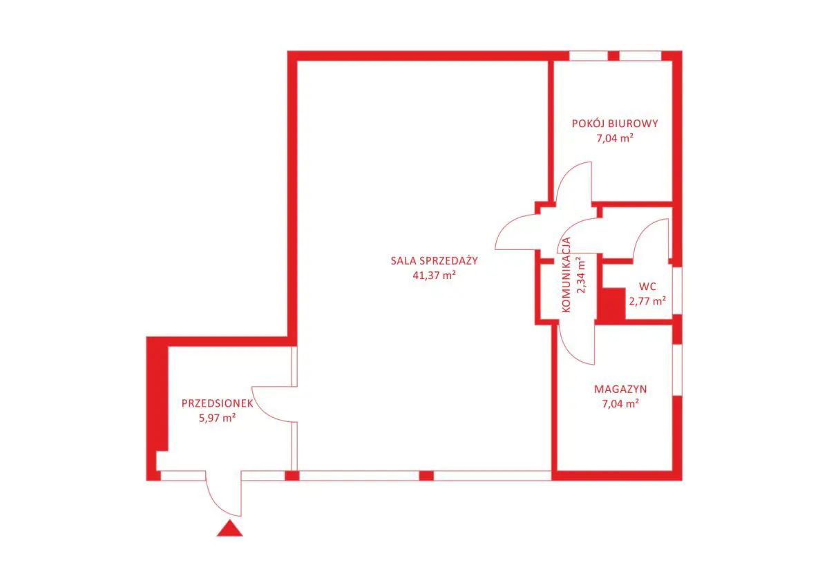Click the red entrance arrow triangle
[x=230, y=528]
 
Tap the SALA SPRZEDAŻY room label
[x=434, y=260]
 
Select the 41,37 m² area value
[x=434, y=275]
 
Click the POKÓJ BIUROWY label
[x=615, y=124]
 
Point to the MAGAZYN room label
[x=620, y=389]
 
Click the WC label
[x=647, y=287]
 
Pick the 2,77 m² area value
[x=647, y=300]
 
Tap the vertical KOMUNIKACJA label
[x=566, y=275]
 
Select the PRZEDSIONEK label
[x=217, y=403]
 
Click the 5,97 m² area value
[x=217, y=418]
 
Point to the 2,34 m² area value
[x=582, y=274]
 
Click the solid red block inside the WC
[x=611, y=304]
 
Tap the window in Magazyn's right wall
[x=677, y=370]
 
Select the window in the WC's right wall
[x=677, y=291]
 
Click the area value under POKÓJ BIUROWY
[x=615, y=138]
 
